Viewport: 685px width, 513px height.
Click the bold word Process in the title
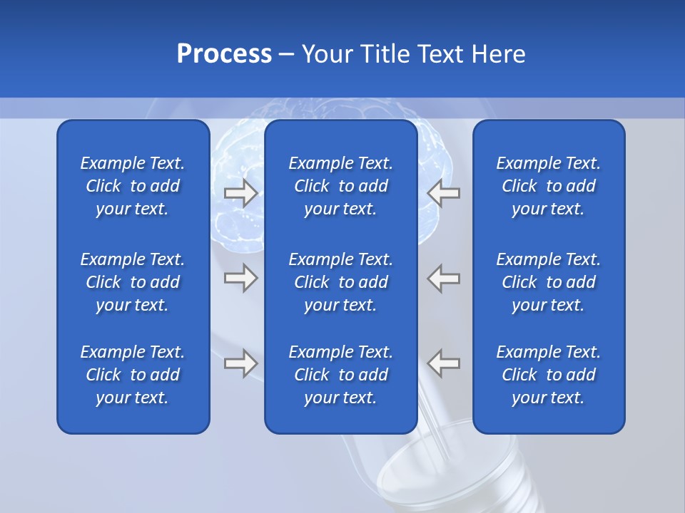(224, 54)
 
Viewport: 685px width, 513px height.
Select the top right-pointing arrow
(240, 193)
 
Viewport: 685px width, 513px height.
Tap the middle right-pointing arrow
(240, 278)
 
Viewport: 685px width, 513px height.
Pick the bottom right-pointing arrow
(240, 363)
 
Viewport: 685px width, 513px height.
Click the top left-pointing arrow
(444, 193)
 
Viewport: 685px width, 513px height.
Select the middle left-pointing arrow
(444, 278)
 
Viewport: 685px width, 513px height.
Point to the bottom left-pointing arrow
(444, 363)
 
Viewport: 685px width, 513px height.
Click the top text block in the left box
(133, 186)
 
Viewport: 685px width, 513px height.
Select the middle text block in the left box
(133, 282)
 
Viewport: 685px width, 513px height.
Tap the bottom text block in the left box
(133, 375)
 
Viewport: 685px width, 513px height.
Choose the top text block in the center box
(340, 186)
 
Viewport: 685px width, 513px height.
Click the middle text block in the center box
(340, 282)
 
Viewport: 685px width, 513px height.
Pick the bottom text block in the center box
(340, 375)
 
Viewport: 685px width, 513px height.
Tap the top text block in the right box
(548, 186)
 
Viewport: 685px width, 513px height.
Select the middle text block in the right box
(548, 282)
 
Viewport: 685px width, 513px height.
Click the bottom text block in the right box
(548, 375)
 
